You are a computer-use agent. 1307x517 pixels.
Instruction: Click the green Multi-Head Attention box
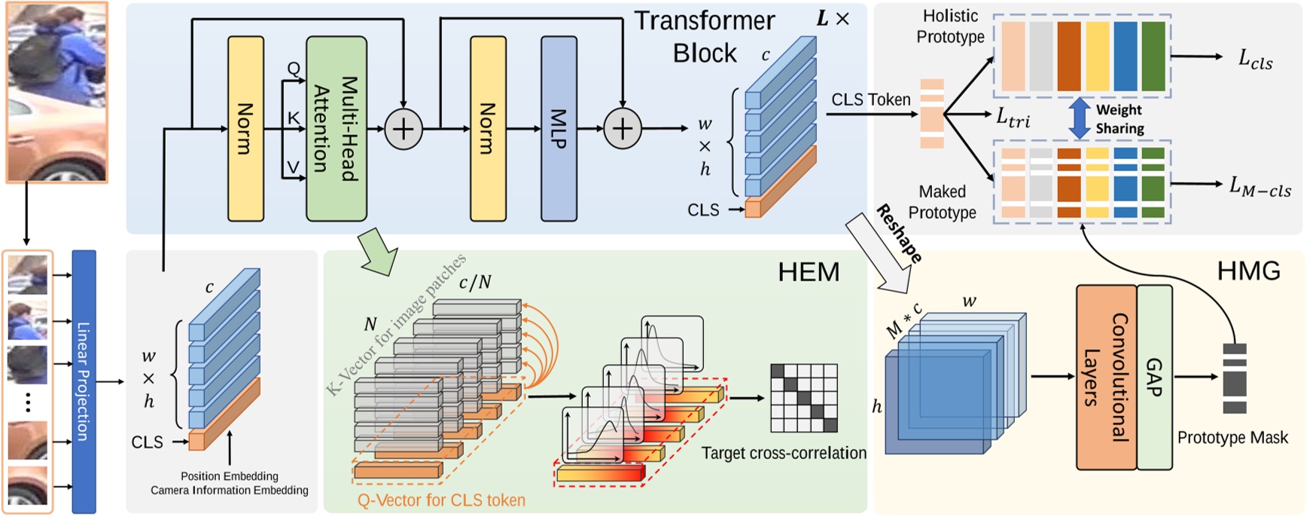pos(336,128)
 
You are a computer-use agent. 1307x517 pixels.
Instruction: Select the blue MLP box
pos(559,128)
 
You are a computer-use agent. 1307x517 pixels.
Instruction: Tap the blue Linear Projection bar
pos(84,381)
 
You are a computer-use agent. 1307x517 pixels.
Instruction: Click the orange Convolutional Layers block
pos(1105,377)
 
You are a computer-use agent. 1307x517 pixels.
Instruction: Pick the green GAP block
pos(1154,377)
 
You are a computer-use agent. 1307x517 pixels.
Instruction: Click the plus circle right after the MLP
pos(622,129)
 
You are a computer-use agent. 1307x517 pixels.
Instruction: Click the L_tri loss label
pos(1013,117)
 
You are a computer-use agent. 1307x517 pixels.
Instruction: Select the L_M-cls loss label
pos(1260,186)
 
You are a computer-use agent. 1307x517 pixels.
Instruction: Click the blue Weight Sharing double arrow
pos(1079,118)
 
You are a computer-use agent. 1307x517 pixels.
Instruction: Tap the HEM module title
pos(808,272)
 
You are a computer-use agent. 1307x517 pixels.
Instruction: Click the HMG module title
pos(1248,271)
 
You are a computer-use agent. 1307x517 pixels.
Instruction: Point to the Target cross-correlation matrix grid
pos(803,398)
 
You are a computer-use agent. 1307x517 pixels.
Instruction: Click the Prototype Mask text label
pos(1232,438)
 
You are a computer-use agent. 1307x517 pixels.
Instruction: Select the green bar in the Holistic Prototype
pos(1153,56)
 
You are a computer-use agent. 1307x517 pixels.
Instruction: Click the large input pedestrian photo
pos(56,92)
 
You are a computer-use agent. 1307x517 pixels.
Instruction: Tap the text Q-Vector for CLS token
pos(441,500)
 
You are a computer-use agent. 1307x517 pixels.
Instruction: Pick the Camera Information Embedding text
pos(229,491)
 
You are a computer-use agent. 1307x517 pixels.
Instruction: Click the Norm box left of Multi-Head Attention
pos(245,128)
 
